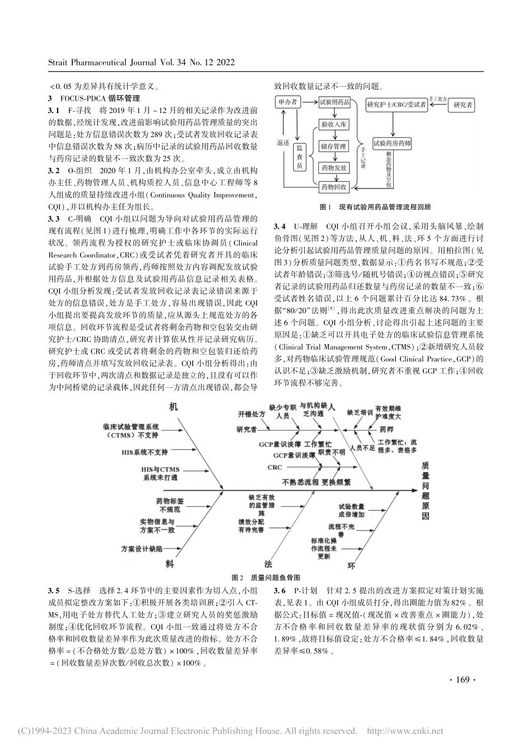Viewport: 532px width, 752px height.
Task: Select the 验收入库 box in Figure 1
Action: point(334,123)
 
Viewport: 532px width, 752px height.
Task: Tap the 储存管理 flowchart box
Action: point(334,147)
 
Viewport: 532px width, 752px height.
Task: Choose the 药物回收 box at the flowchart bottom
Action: point(334,186)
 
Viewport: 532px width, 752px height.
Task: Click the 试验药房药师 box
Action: point(392,144)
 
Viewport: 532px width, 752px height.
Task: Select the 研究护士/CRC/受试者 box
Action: point(396,104)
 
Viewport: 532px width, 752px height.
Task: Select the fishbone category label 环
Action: point(352,565)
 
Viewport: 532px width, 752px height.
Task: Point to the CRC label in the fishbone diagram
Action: point(274,467)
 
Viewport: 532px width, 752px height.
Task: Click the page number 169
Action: point(462,680)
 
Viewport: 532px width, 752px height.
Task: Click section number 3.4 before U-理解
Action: point(280,227)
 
